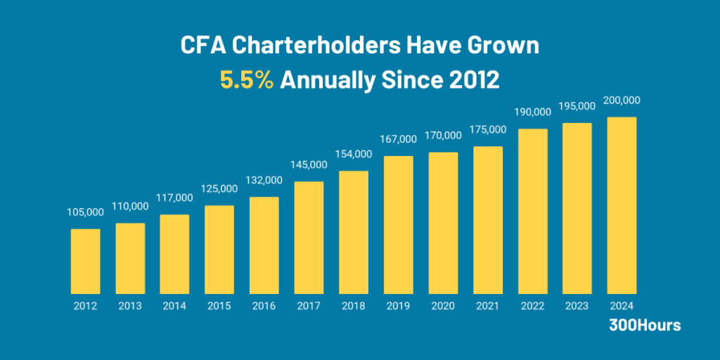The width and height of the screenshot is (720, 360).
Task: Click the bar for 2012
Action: pos(85,261)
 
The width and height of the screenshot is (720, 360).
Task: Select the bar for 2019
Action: pos(398,224)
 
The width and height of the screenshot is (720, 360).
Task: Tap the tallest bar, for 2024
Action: pos(622,205)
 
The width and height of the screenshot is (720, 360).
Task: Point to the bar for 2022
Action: pos(532,211)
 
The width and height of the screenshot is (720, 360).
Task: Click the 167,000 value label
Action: pos(398,146)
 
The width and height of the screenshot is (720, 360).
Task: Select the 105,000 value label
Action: pos(85,212)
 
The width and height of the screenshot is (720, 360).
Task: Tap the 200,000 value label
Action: pos(622,101)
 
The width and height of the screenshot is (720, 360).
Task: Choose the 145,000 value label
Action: pos(309,165)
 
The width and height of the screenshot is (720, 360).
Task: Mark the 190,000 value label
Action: pos(532,112)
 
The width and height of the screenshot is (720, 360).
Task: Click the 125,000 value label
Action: pos(219,188)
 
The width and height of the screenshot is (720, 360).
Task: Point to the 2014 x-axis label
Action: pos(174,307)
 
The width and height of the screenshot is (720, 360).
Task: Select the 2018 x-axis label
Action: pos(354,307)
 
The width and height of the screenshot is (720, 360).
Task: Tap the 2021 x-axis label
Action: pos(488,307)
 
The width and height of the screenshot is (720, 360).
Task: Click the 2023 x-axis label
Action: pos(577,307)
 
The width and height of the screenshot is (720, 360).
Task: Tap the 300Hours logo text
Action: pos(645,326)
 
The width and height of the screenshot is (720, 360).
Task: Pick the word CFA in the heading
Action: pos(204,46)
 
